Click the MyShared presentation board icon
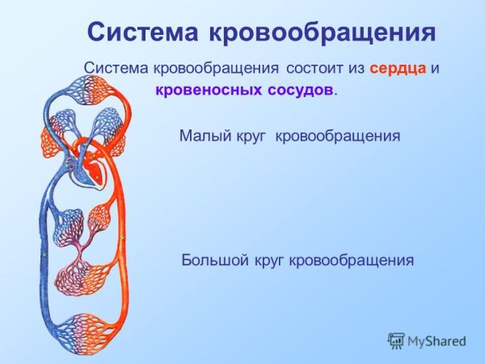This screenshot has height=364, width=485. coord(396,341)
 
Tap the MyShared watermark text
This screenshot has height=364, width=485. coord(436,341)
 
